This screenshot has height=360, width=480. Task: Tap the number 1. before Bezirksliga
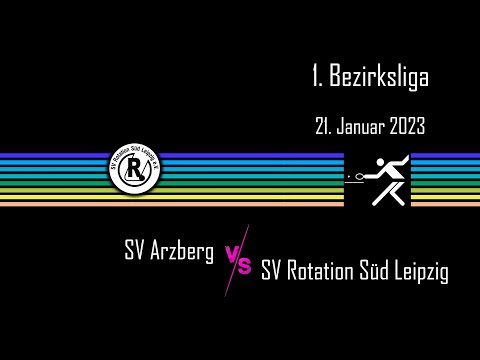tap(319, 75)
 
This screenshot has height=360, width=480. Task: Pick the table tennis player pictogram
tap(377, 180)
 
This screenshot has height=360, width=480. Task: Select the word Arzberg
tap(182, 252)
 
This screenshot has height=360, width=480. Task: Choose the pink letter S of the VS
tap(244, 266)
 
